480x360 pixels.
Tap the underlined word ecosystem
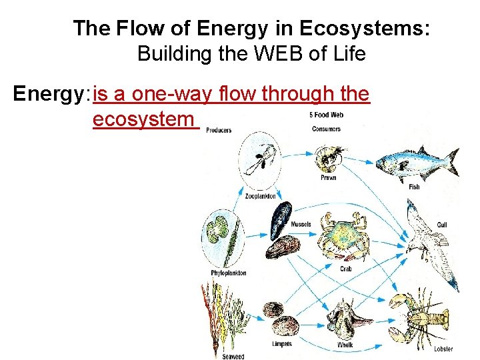143,120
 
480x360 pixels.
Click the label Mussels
301,224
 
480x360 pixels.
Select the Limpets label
282,344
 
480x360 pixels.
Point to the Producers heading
219,131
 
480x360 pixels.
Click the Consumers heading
326,129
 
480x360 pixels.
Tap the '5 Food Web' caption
327,115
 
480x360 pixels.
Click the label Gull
442,225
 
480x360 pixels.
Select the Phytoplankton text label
229,273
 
